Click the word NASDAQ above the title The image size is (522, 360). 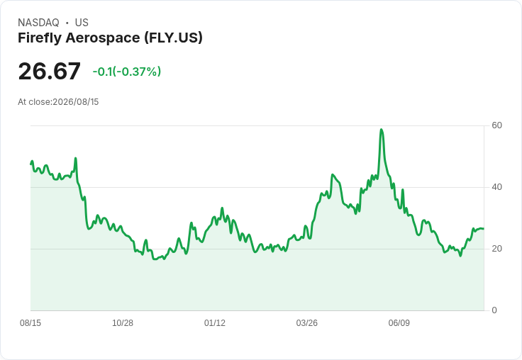38,23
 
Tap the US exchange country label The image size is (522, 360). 82,23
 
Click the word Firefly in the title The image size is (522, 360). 40,38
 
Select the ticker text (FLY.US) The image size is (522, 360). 174,38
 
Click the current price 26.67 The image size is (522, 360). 49,71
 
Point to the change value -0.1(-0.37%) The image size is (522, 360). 127,72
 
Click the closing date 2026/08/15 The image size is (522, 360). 76,102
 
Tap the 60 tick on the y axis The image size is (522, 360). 496,125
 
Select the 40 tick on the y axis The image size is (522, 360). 496,187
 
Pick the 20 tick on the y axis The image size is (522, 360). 496,249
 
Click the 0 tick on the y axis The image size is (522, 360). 494,310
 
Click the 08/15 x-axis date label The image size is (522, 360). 30,323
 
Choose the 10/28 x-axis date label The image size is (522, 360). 123,323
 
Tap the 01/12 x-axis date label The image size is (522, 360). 215,323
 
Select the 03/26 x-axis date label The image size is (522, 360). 307,323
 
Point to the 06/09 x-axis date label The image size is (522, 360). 399,323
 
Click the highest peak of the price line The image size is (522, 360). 382,130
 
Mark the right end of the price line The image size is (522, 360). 484,229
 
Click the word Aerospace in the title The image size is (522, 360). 103,38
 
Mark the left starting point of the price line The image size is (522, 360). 30,164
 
